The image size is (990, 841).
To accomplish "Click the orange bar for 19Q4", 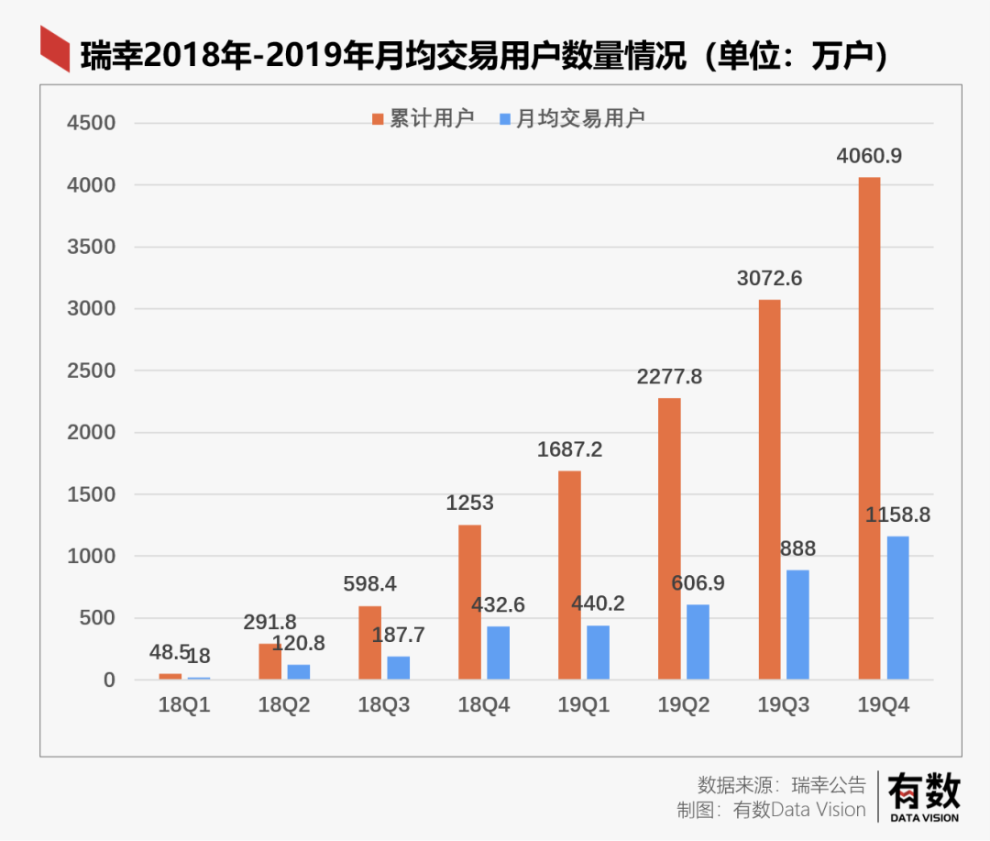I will click(869, 428).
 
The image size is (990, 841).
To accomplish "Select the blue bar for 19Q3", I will click(797, 625).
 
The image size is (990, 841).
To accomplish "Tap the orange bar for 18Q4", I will click(469, 602).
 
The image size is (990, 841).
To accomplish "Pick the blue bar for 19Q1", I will click(598, 652).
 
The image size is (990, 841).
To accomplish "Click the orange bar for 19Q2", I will click(669, 538).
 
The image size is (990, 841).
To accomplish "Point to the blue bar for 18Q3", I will click(398, 668).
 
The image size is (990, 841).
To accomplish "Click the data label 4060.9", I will click(869, 156).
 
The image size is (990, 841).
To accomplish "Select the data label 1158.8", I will click(897, 515).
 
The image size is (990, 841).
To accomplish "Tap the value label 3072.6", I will click(769, 278).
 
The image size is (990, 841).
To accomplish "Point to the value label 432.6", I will click(498, 605).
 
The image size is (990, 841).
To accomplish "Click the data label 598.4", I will click(369, 584).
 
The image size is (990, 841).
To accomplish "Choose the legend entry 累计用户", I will click(423, 118).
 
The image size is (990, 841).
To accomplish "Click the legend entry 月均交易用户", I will click(572, 118).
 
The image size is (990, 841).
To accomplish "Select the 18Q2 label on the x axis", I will click(283, 706).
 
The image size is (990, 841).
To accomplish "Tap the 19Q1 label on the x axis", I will click(584, 706).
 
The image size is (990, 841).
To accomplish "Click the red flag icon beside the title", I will click(54, 49).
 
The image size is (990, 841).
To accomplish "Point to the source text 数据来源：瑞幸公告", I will click(781, 785).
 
